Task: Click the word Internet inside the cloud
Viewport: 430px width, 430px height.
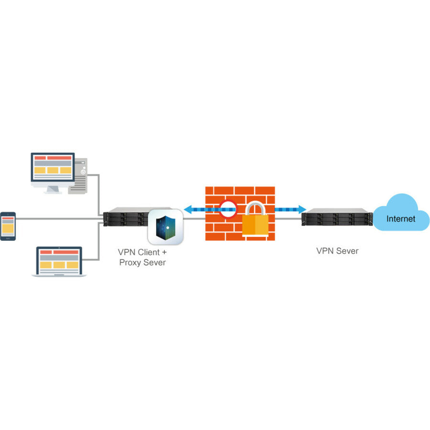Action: coord(401,219)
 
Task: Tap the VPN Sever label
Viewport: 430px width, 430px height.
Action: coord(337,251)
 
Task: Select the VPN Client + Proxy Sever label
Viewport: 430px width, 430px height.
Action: coord(142,257)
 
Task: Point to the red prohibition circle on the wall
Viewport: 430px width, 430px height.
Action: coord(228,209)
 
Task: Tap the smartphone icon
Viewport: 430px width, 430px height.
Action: coord(8,226)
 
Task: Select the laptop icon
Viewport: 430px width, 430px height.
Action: coord(59,262)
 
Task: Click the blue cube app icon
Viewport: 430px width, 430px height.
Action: coord(165,227)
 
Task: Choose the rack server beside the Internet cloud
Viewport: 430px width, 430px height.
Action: coord(336,218)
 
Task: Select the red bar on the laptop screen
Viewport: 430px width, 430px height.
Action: coord(59,252)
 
